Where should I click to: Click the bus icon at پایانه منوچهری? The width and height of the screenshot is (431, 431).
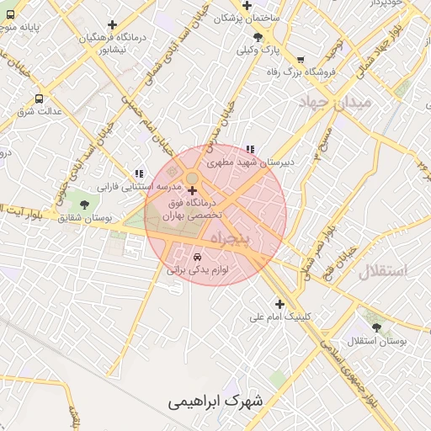(x=9, y=14)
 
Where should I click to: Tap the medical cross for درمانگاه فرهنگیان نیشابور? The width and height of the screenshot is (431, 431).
(x=112, y=25)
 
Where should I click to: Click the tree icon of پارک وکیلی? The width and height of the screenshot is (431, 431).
(x=258, y=37)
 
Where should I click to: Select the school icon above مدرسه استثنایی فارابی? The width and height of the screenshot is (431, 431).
(x=137, y=173)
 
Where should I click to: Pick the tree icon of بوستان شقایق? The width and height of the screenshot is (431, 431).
(x=82, y=204)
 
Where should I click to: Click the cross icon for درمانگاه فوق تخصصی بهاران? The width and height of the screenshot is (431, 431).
(x=192, y=192)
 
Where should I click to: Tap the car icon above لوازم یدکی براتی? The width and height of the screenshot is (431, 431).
(x=197, y=256)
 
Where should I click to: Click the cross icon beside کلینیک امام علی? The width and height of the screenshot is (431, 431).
(x=279, y=304)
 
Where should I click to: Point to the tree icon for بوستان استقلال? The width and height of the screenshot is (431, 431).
(x=376, y=327)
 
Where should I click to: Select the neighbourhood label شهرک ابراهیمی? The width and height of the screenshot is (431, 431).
(x=214, y=402)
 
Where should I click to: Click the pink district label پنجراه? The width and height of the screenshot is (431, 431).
(x=230, y=238)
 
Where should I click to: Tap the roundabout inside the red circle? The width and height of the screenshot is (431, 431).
(x=192, y=178)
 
